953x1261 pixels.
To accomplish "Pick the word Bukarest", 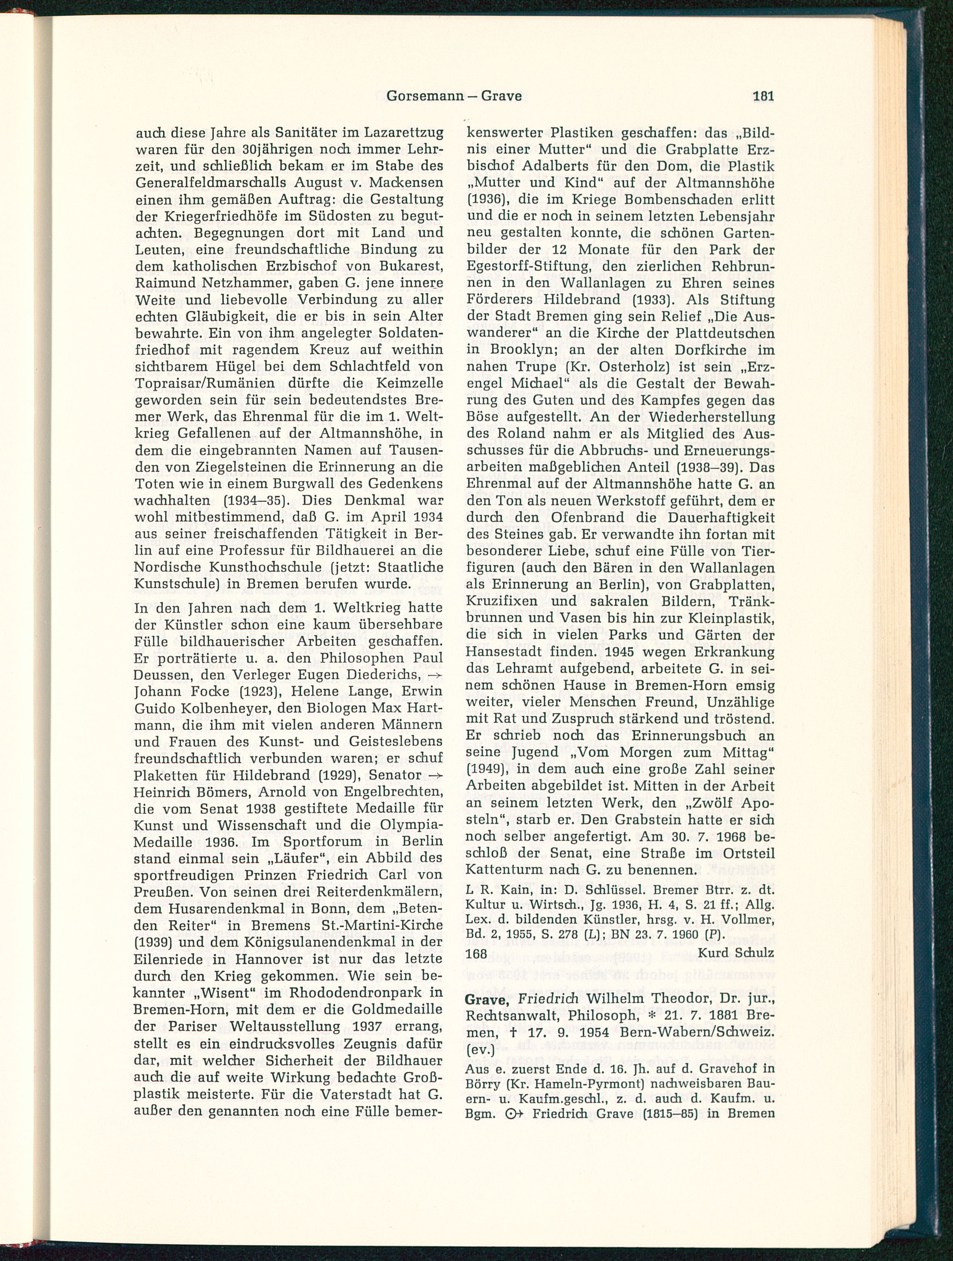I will (404, 266).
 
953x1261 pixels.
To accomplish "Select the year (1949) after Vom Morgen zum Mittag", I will (485, 769).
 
